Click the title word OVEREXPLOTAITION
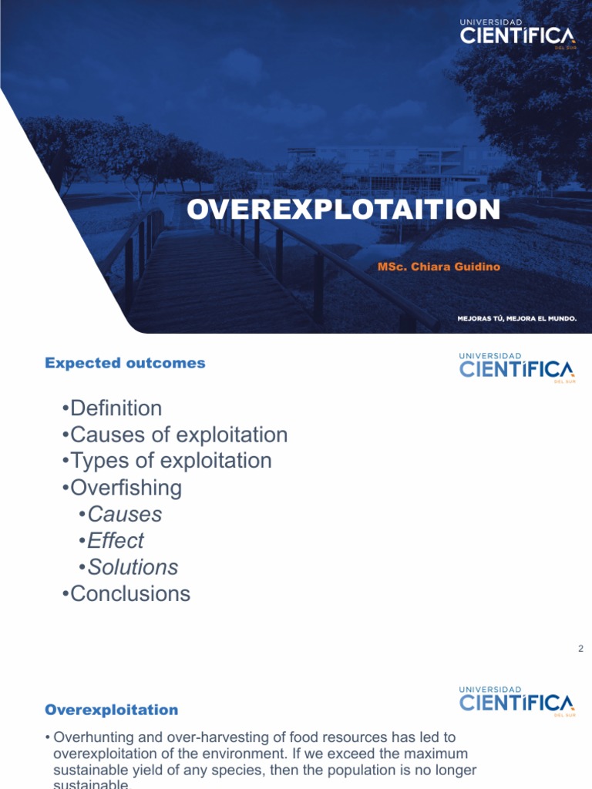pos(343,210)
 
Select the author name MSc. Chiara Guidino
pos(439,267)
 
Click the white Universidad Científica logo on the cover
pos(517,35)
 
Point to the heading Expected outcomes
pos(125,363)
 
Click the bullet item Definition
pos(116,408)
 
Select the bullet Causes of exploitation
pos(178,435)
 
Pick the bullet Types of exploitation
pos(170,461)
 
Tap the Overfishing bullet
pos(126,488)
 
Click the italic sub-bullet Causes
pos(124,514)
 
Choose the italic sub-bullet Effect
pos(116,541)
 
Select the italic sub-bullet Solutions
pos(133,567)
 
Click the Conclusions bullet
pos(129,593)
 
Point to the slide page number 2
pos(580,649)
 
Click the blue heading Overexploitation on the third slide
pos(111,710)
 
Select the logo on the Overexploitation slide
pos(516,700)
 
